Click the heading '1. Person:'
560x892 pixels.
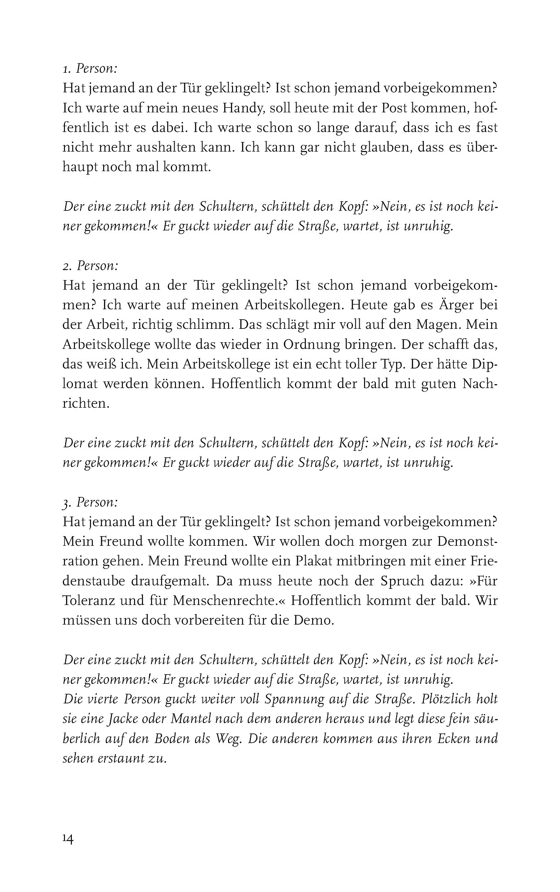pos(90,68)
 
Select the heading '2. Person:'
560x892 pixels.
pos(90,265)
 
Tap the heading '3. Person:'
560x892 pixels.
pos(90,502)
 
